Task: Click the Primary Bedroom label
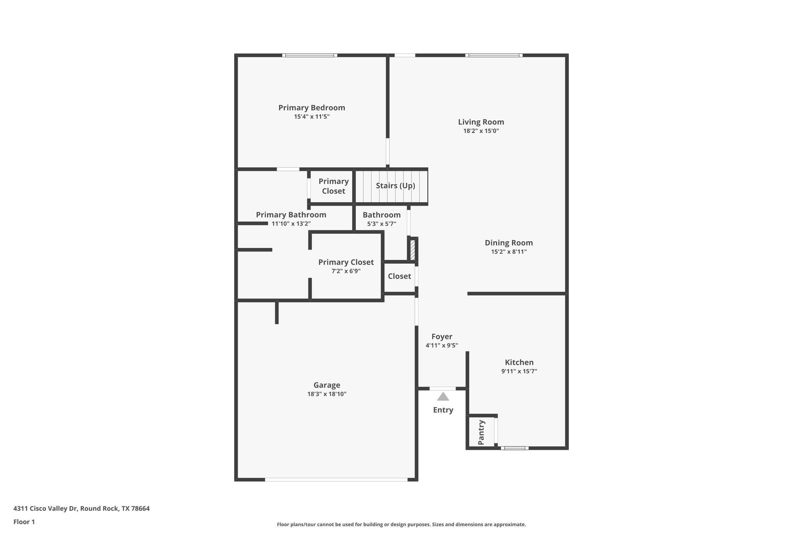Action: (x=312, y=107)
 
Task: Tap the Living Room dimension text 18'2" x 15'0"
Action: (x=481, y=131)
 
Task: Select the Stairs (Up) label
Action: (x=395, y=186)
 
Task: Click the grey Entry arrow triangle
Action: (x=443, y=397)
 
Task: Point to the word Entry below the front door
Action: (x=443, y=410)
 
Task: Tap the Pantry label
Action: (x=481, y=433)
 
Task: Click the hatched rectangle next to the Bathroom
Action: (x=412, y=250)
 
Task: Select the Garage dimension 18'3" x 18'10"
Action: (x=327, y=394)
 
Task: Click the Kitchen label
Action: (x=519, y=362)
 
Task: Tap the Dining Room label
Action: (x=509, y=242)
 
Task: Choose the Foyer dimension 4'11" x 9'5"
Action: (x=442, y=346)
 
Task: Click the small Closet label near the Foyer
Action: (x=399, y=276)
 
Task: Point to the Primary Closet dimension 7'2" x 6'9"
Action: (x=346, y=271)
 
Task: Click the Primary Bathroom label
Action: (x=291, y=215)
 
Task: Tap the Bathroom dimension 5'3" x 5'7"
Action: (x=381, y=224)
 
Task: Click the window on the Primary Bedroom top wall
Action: (x=309, y=55)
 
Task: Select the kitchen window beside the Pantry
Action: (x=514, y=448)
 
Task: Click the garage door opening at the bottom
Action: (x=336, y=480)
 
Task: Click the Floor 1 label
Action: (x=24, y=522)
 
